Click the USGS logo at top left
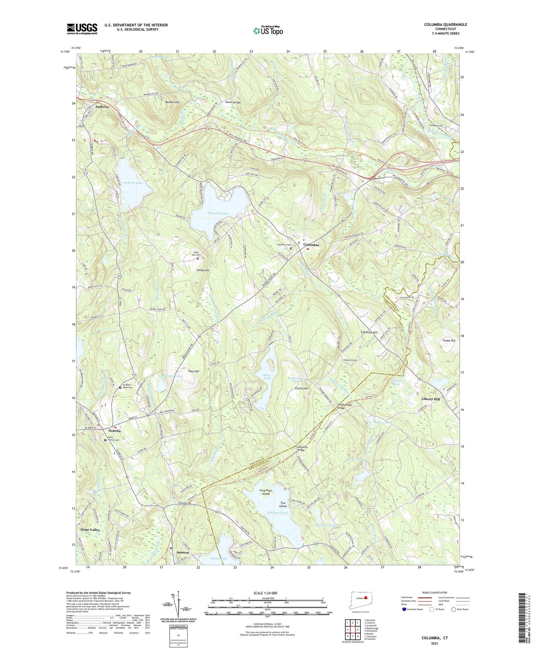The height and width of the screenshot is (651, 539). click(82, 28)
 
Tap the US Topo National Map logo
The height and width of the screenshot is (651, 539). click(267, 30)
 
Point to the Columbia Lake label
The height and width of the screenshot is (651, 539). click(218, 213)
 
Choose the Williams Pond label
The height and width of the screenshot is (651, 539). click(277, 513)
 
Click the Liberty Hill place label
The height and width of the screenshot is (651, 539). click(431, 399)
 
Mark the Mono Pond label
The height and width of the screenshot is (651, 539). click(269, 376)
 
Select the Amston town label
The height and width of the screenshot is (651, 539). click(183, 552)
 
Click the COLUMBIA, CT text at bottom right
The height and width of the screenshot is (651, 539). click(435, 638)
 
